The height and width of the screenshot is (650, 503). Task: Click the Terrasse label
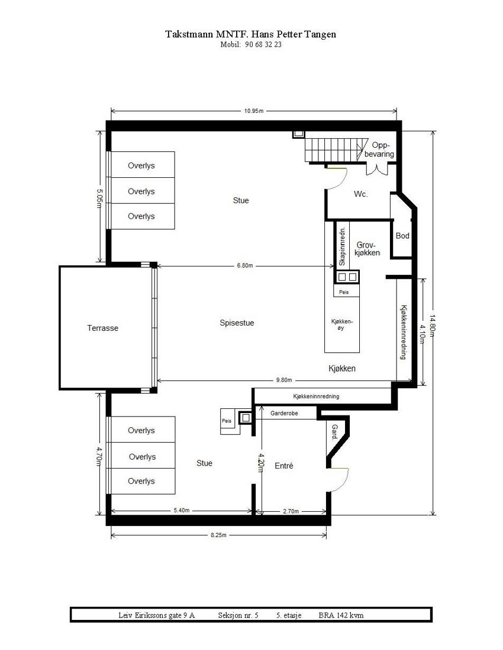click(103, 329)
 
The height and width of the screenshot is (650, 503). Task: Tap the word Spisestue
click(237, 323)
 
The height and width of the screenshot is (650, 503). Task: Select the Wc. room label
click(361, 194)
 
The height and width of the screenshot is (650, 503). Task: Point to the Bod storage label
click(403, 236)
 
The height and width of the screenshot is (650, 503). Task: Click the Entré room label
click(284, 466)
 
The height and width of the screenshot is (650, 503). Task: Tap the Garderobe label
click(285, 414)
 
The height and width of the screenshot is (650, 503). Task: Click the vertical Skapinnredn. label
click(341, 244)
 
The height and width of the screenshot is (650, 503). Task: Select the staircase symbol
click(331, 148)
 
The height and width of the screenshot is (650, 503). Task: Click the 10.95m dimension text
click(254, 111)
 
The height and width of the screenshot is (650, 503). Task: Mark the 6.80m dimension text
click(244, 266)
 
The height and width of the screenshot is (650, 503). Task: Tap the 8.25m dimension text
click(218, 535)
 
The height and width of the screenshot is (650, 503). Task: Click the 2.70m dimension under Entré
click(291, 512)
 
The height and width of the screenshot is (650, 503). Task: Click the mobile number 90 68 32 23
click(262, 44)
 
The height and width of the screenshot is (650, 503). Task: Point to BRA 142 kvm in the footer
click(341, 615)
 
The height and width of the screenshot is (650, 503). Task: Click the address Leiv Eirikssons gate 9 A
click(156, 615)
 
